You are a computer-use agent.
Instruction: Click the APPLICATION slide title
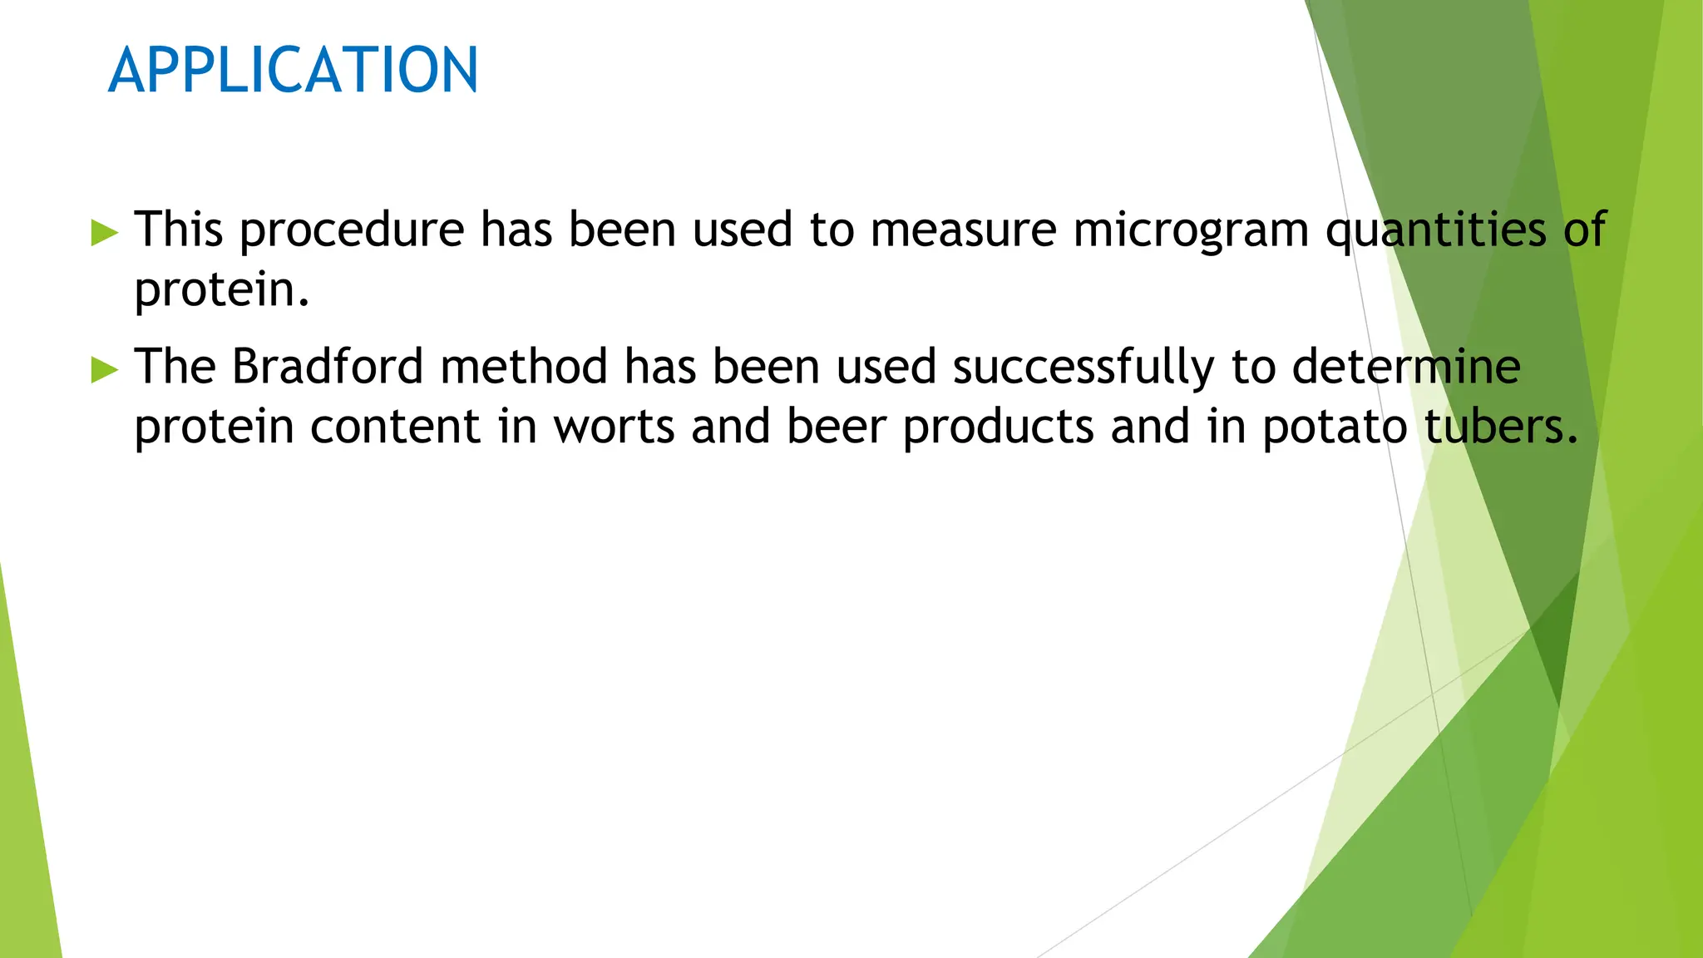pos(293,70)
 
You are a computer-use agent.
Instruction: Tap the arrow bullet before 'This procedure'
pos(105,232)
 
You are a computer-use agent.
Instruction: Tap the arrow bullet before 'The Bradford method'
pos(105,368)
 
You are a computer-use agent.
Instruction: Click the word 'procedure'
pos(352,230)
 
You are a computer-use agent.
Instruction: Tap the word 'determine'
pos(1406,366)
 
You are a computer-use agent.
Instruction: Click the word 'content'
pos(396,427)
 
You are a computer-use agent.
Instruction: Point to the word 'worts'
pos(615,427)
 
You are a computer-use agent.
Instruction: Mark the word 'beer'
pos(836,427)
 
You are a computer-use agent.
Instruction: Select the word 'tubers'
pos(1492,427)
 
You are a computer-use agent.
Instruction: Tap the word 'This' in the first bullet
pos(179,229)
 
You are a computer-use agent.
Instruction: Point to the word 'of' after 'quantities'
pos(1584,229)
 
